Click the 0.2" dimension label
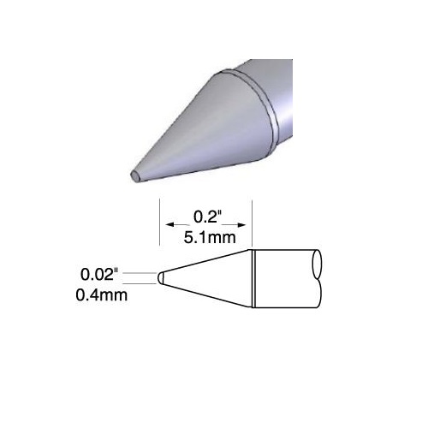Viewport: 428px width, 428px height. click(207, 217)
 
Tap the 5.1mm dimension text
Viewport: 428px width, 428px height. click(210, 238)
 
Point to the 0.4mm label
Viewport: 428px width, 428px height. click(102, 295)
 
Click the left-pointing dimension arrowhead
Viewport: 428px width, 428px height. click(170, 225)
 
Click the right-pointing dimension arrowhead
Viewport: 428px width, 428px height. click(241, 225)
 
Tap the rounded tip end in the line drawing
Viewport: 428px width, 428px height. click(160, 278)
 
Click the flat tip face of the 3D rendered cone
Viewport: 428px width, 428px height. click(135, 176)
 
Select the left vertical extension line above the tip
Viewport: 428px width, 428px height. click(159, 223)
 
